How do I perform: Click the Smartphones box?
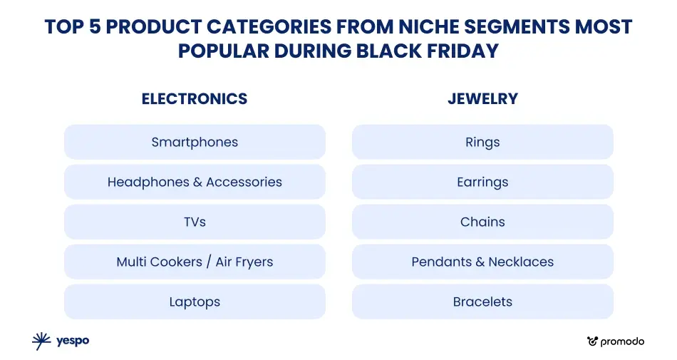click(x=195, y=142)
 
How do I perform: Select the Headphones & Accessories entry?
click(x=195, y=182)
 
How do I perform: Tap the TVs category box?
click(x=195, y=222)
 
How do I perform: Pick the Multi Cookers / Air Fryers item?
click(x=195, y=262)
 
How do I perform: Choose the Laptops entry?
click(x=195, y=302)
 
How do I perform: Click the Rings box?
click(x=482, y=142)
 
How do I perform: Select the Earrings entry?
click(x=482, y=182)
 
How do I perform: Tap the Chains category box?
click(x=482, y=222)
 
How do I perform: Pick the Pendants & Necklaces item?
click(x=482, y=262)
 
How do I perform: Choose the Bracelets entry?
click(x=482, y=302)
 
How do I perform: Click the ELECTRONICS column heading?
click(x=195, y=99)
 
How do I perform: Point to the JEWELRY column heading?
click(x=482, y=99)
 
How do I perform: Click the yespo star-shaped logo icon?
click(x=41, y=341)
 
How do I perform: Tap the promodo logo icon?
click(x=592, y=341)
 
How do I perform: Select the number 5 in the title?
click(x=95, y=27)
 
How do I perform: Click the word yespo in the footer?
click(x=73, y=341)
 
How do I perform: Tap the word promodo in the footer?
click(x=622, y=342)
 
